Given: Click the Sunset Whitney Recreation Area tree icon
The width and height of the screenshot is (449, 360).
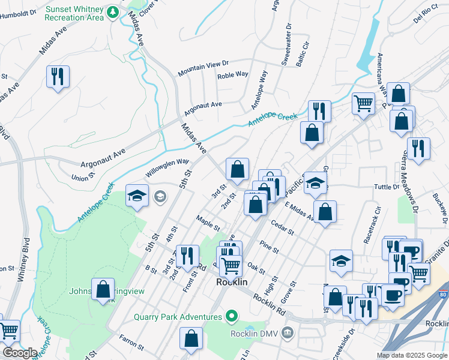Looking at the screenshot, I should [x=112, y=13].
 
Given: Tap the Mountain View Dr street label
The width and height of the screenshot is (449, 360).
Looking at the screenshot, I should [x=203, y=67].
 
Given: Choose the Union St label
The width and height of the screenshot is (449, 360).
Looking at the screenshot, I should [x=83, y=178].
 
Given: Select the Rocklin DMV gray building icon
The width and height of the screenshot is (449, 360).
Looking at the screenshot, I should [x=288, y=332].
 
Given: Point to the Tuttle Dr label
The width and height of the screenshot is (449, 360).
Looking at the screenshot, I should [x=387, y=187].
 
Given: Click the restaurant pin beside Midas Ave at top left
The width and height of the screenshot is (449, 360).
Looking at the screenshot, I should [x=58, y=77].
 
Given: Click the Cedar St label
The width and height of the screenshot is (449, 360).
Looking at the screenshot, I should [x=282, y=227].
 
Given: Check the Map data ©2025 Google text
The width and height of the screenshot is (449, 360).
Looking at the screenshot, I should [x=411, y=355].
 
